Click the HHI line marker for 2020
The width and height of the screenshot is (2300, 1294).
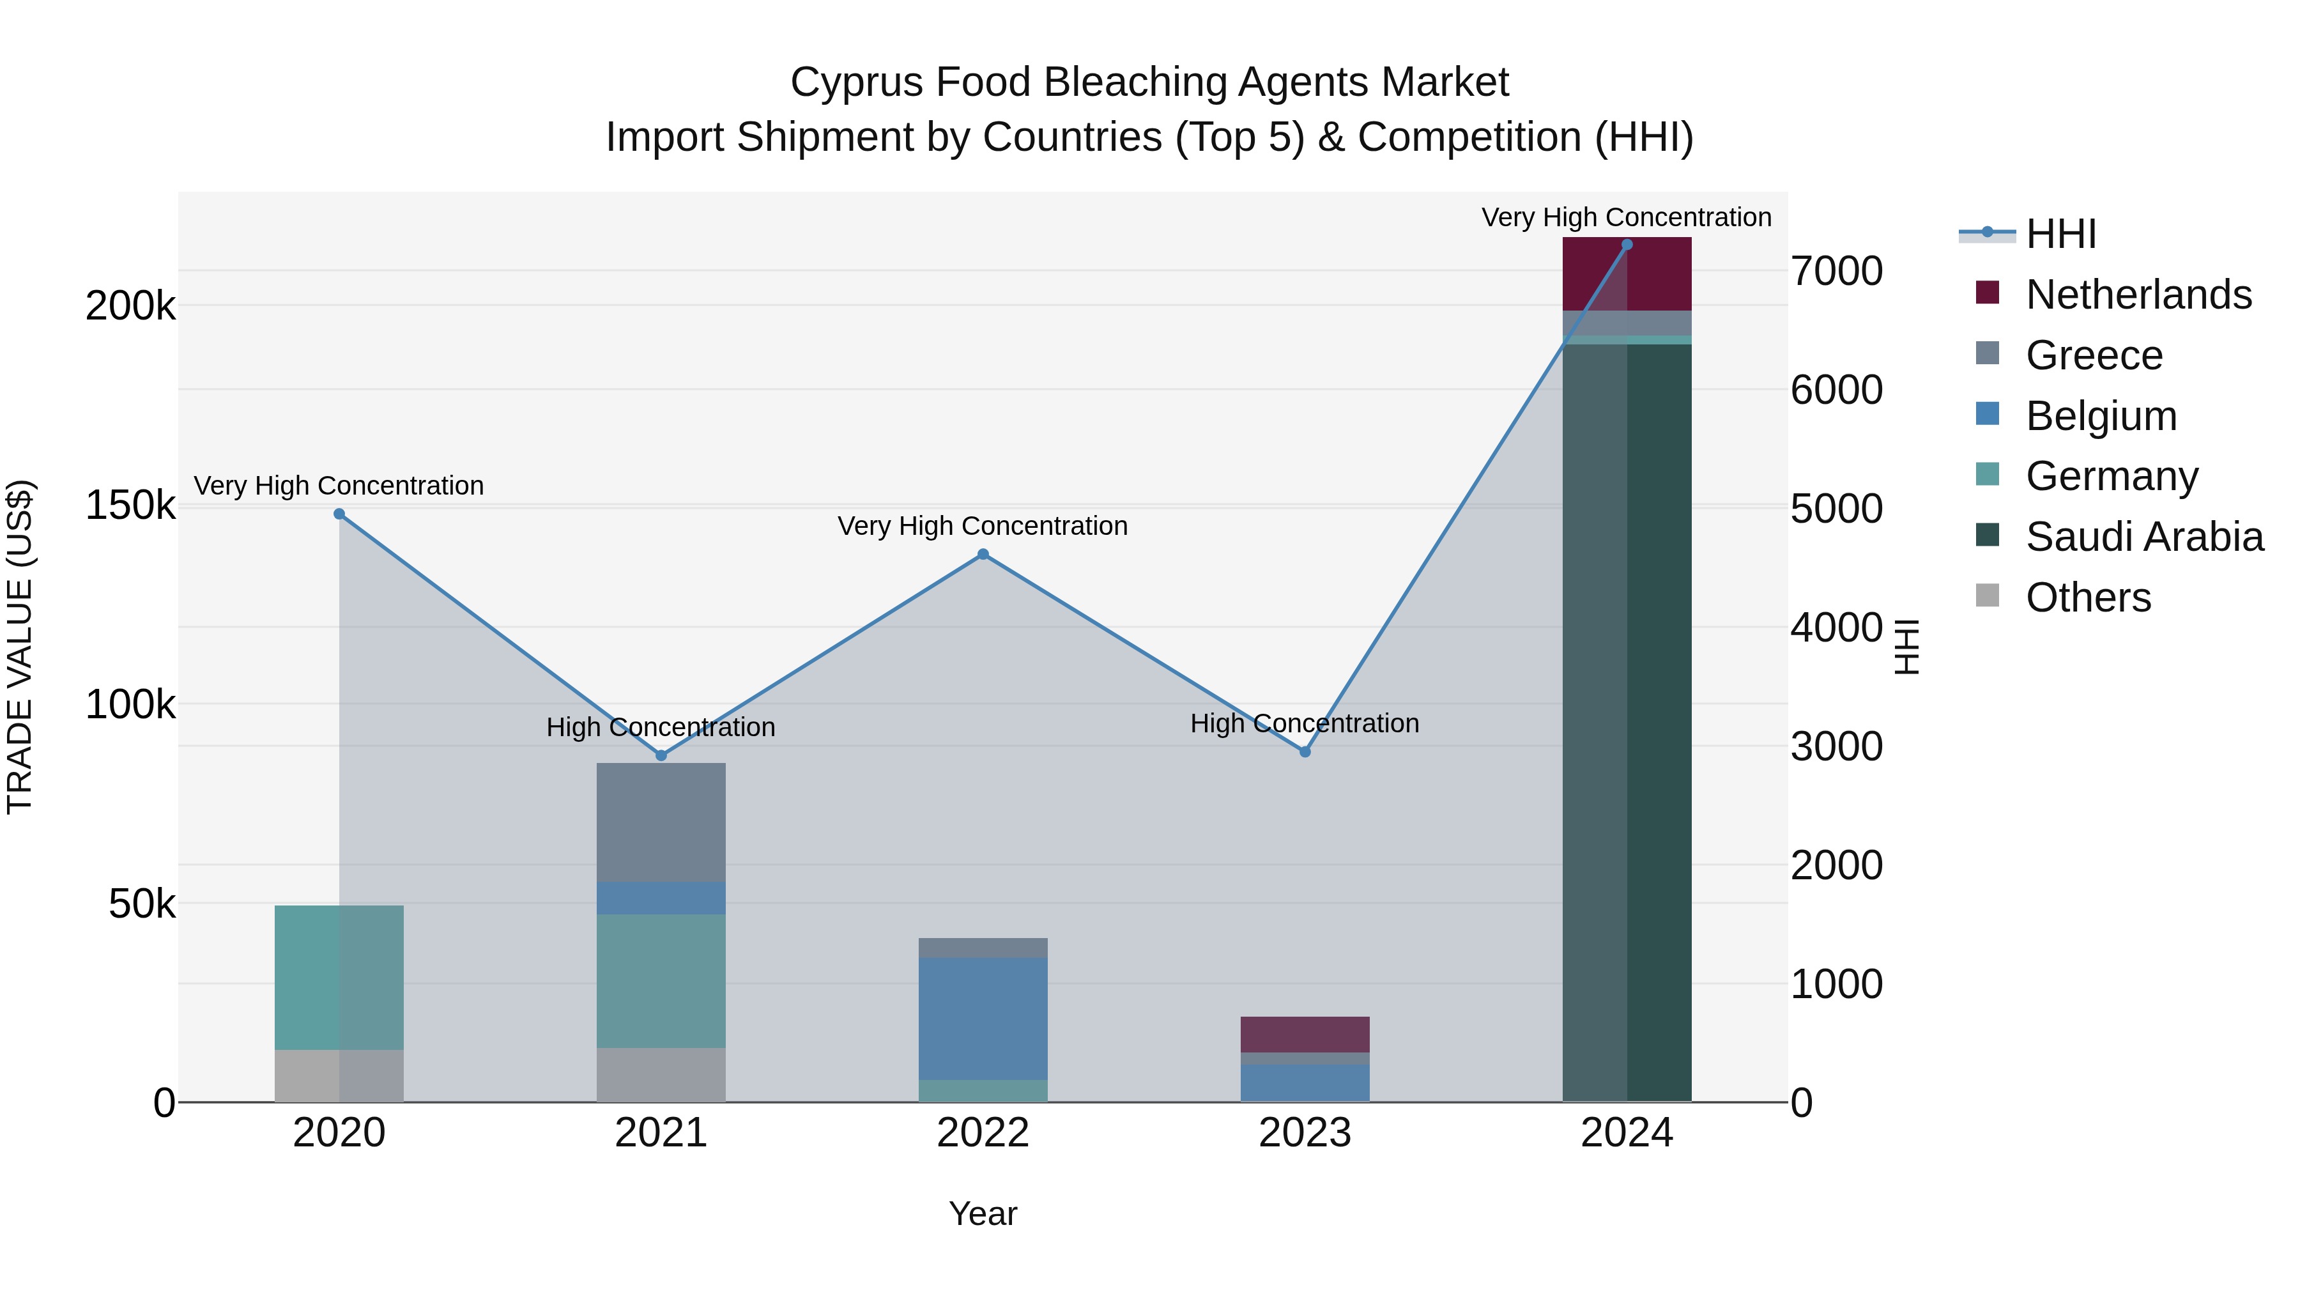pyautogui.click(x=339, y=514)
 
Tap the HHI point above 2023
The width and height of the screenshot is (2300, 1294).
pyautogui.click(x=1305, y=752)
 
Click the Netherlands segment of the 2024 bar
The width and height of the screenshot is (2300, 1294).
pyautogui.click(x=1627, y=274)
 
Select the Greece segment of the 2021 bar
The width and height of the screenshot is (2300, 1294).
pyautogui.click(x=661, y=822)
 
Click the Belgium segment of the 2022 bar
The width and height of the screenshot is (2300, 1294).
pyautogui.click(x=983, y=1018)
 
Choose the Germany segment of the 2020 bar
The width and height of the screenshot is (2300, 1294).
pyautogui.click(x=339, y=977)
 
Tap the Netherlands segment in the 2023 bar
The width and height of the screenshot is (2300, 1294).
pyautogui.click(x=1305, y=1034)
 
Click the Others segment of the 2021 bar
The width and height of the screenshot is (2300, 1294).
pyautogui.click(x=661, y=1074)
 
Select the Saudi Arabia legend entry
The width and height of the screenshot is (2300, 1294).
pyautogui.click(x=2143, y=537)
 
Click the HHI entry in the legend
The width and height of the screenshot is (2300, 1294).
pyautogui.click(x=2060, y=234)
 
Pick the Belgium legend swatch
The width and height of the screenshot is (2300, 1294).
pyautogui.click(x=1988, y=414)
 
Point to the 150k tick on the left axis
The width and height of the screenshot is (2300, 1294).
pyautogui.click(x=130, y=505)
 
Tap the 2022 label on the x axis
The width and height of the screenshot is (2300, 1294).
pyautogui.click(x=983, y=1133)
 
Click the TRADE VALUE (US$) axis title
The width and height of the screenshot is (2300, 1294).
pyautogui.click(x=20, y=647)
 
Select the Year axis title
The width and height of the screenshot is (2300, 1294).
pyautogui.click(x=983, y=1213)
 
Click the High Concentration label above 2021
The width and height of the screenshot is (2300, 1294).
pyautogui.click(x=661, y=727)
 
